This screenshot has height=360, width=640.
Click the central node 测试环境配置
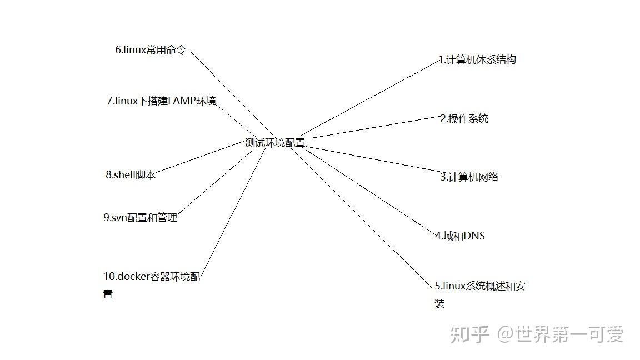click(275, 143)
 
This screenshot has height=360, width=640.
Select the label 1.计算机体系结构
click(477, 59)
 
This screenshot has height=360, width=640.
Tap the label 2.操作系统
click(464, 118)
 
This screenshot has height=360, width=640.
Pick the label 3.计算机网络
click(469, 177)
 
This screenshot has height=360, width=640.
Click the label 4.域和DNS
click(460, 236)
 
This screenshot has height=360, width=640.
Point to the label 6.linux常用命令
click(151, 50)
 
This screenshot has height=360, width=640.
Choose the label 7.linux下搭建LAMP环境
click(161, 101)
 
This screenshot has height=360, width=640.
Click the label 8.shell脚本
click(131, 174)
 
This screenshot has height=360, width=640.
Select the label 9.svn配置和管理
click(140, 218)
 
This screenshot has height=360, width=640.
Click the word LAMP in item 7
click(183, 101)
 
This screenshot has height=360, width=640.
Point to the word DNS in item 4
click(474, 236)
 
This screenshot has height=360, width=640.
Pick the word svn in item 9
click(119, 218)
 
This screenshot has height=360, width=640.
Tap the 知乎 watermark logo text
click(469, 334)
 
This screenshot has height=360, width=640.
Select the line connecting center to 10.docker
click(233, 211)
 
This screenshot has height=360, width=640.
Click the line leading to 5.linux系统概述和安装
click(361, 217)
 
